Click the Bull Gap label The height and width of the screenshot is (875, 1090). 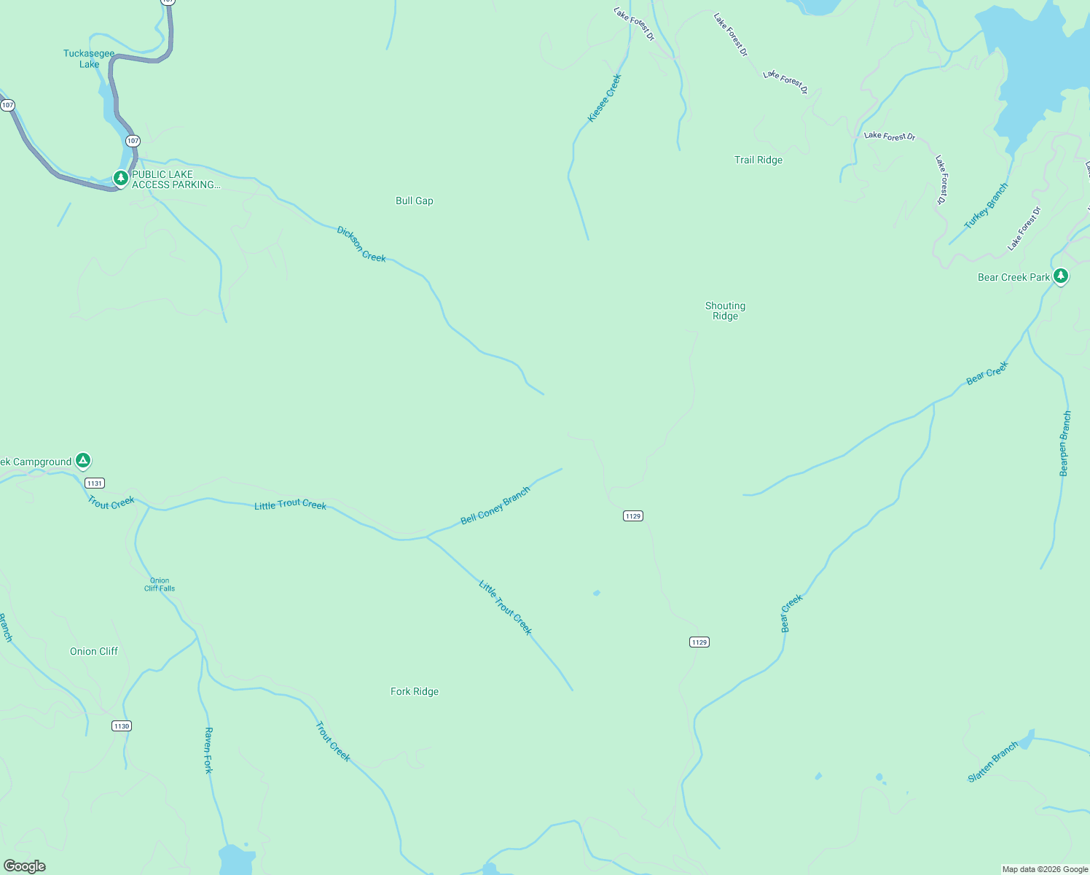point(414,201)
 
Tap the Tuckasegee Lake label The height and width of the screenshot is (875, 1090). point(89,58)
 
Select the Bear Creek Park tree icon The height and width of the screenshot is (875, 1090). point(1061,276)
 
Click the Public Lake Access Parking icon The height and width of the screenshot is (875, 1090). point(121,177)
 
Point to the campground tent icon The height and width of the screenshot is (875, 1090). point(83,460)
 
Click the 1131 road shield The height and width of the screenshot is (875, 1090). point(95,483)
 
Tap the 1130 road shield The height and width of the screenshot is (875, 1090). point(122,726)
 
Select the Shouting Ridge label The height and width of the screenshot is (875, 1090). point(725,311)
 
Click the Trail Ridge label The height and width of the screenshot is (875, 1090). point(758,160)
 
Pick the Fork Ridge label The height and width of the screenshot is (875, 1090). point(414,691)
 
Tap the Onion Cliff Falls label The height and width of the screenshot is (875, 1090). point(160,585)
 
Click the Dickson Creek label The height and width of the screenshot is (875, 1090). point(361,244)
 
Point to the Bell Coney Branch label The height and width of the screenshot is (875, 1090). point(495,506)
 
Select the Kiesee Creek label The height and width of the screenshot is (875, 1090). point(605,98)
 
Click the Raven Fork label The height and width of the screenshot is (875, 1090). point(208,750)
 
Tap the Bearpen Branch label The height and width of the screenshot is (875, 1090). point(1065,443)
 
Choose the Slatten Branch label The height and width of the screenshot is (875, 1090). point(992,762)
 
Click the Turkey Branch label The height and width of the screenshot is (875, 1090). point(987,206)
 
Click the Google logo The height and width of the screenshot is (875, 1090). point(24,866)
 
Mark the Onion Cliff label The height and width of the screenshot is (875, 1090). point(93,651)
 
